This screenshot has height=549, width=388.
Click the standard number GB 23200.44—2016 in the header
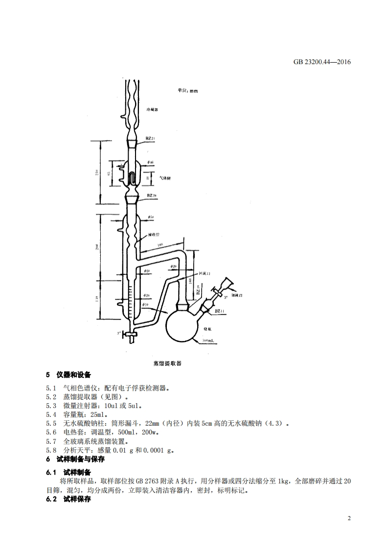click(322, 62)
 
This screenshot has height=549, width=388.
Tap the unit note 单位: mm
click(187, 91)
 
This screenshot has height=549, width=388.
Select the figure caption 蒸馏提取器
click(167, 364)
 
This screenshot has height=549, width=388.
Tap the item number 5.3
click(51, 406)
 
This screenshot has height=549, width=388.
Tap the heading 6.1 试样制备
click(68, 472)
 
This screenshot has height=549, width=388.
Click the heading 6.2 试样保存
click(68, 499)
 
